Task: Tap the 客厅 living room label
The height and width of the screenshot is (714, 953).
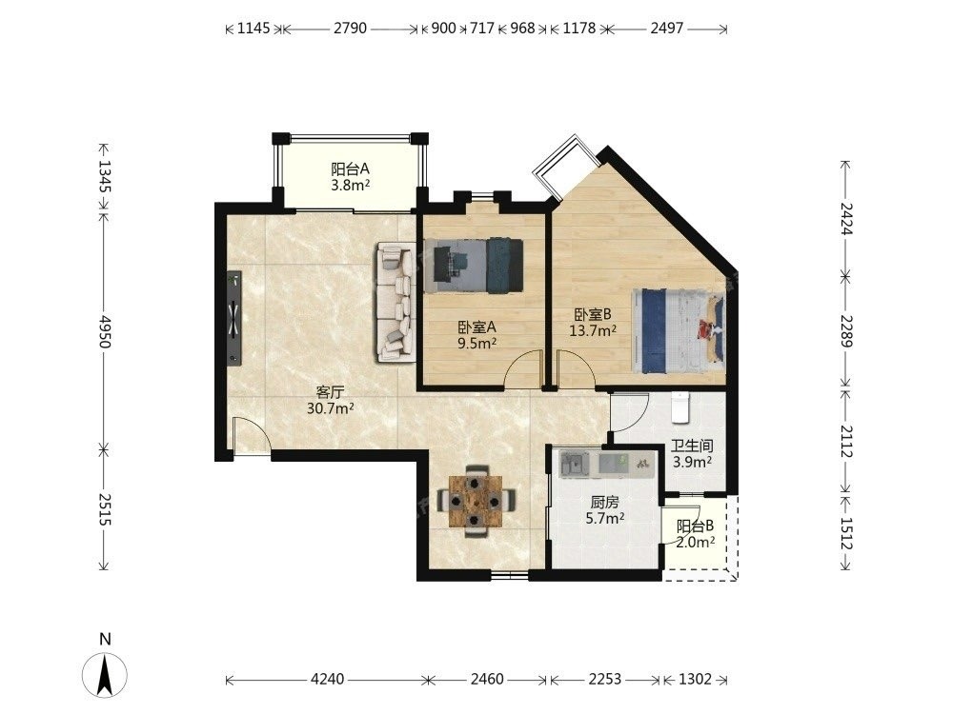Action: click(330, 391)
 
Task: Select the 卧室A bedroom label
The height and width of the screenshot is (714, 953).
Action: click(477, 327)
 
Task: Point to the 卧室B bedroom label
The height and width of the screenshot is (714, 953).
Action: click(593, 314)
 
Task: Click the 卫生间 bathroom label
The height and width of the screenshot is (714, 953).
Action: click(692, 446)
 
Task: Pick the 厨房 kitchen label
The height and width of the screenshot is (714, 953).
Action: click(605, 503)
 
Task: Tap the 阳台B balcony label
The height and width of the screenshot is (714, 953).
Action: click(696, 526)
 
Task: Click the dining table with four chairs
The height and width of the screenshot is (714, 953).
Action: click(476, 501)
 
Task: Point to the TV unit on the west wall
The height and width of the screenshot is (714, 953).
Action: click(234, 318)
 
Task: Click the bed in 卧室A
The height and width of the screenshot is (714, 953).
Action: click(474, 266)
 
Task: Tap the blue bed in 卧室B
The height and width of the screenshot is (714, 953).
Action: click(679, 331)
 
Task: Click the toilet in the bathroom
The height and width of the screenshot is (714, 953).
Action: click(680, 407)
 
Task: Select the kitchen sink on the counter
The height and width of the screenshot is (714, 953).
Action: click(575, 465)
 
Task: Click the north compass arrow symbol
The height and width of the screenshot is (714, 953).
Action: click(105, 674)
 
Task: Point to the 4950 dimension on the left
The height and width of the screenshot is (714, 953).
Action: click(105, 331)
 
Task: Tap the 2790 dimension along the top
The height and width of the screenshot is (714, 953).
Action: click(350, 28)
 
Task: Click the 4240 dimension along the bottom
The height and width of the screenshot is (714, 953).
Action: click(327, 679)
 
